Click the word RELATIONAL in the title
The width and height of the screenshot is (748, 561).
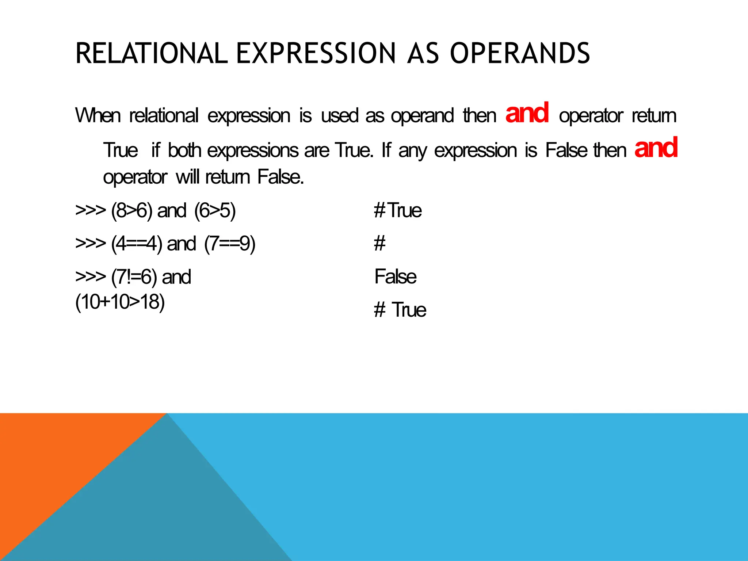151,53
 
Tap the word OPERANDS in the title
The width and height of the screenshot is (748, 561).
520,53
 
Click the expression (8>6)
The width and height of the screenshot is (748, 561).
132,211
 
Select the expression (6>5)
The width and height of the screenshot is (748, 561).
215,211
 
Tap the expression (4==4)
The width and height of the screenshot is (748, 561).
137,244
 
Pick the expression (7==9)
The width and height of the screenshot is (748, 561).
230,244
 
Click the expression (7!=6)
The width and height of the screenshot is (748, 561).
134,277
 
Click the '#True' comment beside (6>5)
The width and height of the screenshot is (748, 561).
398,211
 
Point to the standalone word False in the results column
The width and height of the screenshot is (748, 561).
396,277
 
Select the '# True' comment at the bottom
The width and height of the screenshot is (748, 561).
400,310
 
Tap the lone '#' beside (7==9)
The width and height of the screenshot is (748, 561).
380,244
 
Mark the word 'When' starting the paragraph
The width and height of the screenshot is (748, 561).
98,116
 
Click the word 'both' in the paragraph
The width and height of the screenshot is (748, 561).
184,150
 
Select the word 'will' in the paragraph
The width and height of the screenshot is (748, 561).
188,178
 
